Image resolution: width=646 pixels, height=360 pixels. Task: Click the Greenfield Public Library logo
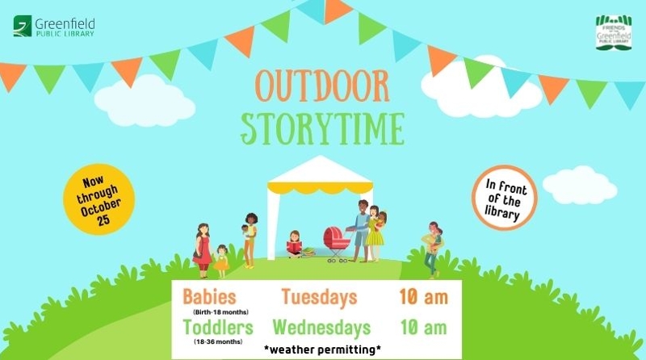pyautogui.click(x=54, y=27)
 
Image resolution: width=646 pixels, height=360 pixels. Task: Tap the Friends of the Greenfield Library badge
pyautogui.click(x=614, y=32)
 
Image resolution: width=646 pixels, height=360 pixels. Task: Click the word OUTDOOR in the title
pyautogui.click(x=321, y=86)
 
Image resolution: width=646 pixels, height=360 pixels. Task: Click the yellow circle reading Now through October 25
pyautogui.click(x=99, y=199)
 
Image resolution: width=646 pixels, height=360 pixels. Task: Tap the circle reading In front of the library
pyautogui.click(x=504, y=198)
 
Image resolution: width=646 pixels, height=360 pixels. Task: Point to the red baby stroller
pyautogui.click(x=337, y=244)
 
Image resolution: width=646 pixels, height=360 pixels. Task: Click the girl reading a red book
pyautogui.click(x=295, y=245)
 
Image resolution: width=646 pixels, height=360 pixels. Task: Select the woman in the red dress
pyautogui.click(x=203, y=250)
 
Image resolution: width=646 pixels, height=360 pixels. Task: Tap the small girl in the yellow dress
pyautogui.click(x=221, y=262)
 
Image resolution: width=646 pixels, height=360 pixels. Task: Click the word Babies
pyautogui.click(x=209, y=296)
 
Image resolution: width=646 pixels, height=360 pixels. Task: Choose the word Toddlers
pyautogui.click(x=218, y=328)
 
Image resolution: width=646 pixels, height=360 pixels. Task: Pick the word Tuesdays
pyautogui.click(x=319, y=297)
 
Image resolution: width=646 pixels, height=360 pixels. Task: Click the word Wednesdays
pyautogui.click(x=321, y=328)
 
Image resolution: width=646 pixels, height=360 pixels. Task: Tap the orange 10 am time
pyautogui.click(x=423, y=296)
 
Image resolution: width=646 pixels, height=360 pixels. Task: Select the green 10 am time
pyautogui.click(x=424, y=328)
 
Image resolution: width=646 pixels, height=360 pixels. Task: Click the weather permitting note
pyautogui.click(x=322, y=350)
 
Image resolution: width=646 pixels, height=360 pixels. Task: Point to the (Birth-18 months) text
pyautogui.click(x=220, y=312)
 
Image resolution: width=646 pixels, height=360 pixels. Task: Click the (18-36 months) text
pyautogui.click(x=218, y=342)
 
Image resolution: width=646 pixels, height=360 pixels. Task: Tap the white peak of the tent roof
pyautogui.click(x=320, y=157)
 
